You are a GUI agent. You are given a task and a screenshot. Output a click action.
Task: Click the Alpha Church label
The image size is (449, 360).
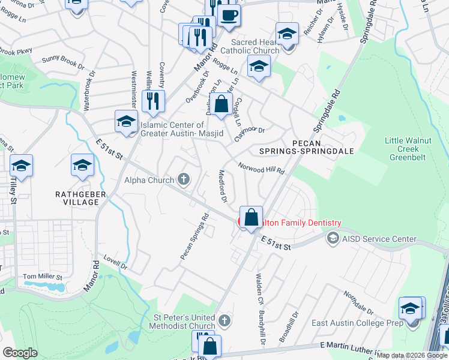pos(149,179)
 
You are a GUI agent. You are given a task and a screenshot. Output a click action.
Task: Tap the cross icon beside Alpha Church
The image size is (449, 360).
pos(184,179)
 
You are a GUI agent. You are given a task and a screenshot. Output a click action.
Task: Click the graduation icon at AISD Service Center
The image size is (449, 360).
pos(332,239)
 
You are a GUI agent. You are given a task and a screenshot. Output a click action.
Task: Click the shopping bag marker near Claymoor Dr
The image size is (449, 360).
pos(221,104)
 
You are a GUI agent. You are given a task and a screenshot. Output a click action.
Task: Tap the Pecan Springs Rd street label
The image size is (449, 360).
pos(194,237)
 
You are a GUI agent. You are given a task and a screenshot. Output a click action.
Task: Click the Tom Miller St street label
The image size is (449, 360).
pos(43,277)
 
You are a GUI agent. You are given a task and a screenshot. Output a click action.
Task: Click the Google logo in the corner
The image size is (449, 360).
pos(20,353)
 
